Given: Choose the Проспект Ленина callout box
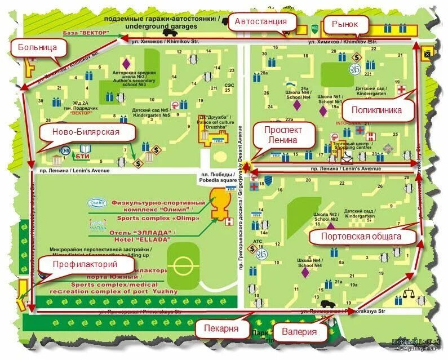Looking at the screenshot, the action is pos(284,135).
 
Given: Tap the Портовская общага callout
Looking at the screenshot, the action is pos(362,236).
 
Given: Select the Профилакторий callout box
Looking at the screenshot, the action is pos(85,264).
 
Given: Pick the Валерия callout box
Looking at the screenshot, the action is pos(299,331).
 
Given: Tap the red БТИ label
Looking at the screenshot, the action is pos(83,155).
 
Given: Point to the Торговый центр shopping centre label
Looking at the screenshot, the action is pos(347,145).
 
